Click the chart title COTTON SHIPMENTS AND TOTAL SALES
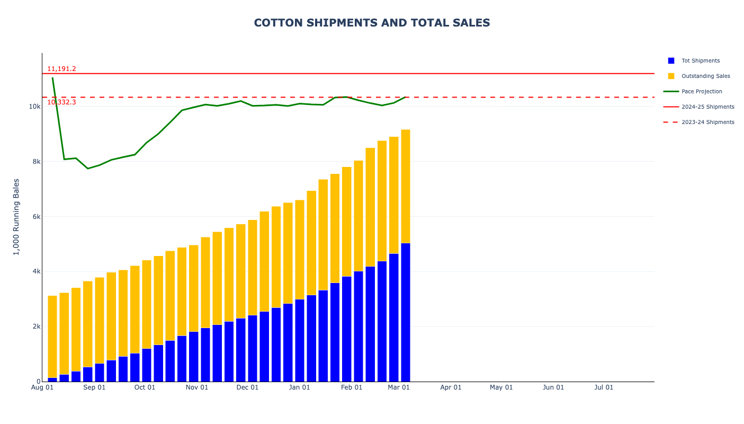372,23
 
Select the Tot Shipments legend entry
700,61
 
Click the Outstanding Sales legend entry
705,76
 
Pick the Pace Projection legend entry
702,92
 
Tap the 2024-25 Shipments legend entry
707,107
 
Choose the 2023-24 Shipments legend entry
707,122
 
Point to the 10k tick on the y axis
34,107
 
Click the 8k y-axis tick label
36,162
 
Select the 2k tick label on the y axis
36,326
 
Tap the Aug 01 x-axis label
42,387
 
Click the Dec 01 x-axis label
247,387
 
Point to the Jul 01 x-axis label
604,387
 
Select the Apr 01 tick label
451,387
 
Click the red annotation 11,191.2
61,69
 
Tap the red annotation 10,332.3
61,102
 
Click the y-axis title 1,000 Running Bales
16,217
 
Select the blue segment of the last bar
406,313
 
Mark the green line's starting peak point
52,78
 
